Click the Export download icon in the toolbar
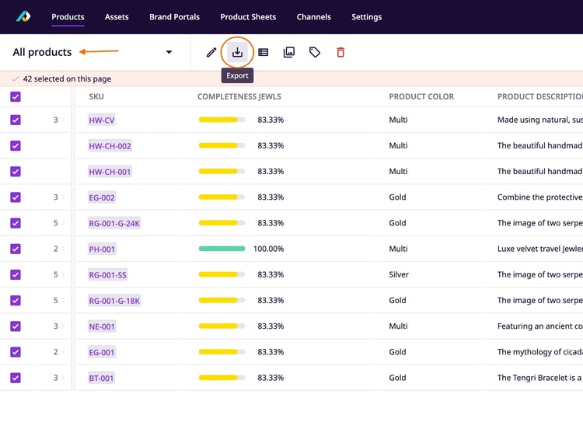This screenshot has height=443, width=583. click(x=238, y=52)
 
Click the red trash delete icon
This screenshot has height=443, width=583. click(x=340, y=52)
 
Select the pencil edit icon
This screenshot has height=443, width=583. click(x=211, y=52)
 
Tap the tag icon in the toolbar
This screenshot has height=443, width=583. click(x=315, y=52)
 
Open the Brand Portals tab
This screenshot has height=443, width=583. click(x=174, y=16)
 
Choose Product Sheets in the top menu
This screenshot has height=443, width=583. click(x=248, y=16)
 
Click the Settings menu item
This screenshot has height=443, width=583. click(x=366, y=16)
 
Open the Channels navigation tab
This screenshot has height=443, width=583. click(x=313, y=16)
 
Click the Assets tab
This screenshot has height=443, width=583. click(x=117, y=16)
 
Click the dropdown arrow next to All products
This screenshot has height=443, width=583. click(x=169, y=53)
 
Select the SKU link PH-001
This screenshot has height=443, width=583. click(x=102, y=249)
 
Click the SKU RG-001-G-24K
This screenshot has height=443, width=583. click(x=114, y=223)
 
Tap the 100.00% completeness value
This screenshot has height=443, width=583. click(x=269, y=249)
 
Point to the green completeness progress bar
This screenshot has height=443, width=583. click(x=222, y=249)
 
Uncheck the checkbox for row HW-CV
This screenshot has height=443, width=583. click(x=16, y=120)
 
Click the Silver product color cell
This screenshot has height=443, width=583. click(x=400, y=274)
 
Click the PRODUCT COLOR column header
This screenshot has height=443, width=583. click(x=421, y=96)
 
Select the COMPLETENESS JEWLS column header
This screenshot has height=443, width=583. click(x=239, y=96)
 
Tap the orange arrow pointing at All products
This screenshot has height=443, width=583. click(x=99, y=52)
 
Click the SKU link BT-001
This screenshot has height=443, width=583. click(x=101, y=378)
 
